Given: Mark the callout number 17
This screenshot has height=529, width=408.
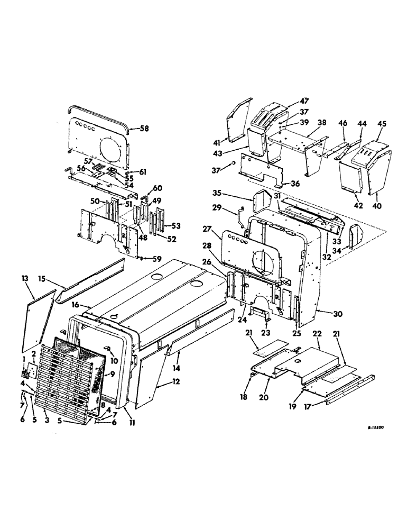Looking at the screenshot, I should (x=317, y=407).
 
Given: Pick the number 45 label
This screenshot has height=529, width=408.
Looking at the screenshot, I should (x=382, y=124).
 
